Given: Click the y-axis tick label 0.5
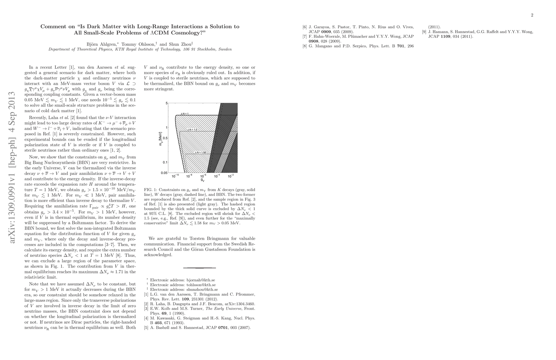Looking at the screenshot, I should click(165, 138).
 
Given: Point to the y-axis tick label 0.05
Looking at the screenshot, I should click(164, 173).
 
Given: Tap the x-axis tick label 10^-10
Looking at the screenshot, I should click(175, 176).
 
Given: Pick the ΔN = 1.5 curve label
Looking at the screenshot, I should click(192, 130).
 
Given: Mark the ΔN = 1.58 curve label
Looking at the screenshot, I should click(200, 152).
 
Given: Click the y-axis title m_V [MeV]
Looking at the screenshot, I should click(161, 139).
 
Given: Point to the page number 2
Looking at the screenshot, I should click(532, 15).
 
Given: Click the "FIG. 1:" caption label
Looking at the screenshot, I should click(151, 190).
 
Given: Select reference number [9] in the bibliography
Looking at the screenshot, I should click(424, 32).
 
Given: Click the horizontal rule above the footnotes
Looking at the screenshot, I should click(199, 268).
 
